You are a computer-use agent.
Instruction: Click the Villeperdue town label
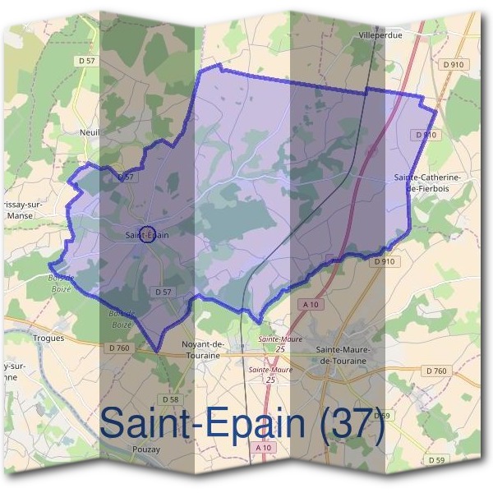coord(379,35)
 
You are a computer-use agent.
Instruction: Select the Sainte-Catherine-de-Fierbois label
coord(426,182)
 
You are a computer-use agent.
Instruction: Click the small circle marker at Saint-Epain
coord(147,235)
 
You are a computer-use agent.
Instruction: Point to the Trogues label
coord(48,337)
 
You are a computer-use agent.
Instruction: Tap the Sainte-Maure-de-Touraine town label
coord(344,355)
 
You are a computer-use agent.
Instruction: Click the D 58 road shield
coord(170,399)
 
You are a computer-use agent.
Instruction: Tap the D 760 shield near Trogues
coord(118,349)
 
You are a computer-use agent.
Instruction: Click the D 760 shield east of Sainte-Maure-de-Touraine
coord(436,371)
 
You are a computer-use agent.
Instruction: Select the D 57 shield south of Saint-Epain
coord(163,292)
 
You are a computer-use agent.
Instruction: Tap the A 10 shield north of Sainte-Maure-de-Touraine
coord(311,304)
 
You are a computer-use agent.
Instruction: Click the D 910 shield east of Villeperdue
coord(452,64)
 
